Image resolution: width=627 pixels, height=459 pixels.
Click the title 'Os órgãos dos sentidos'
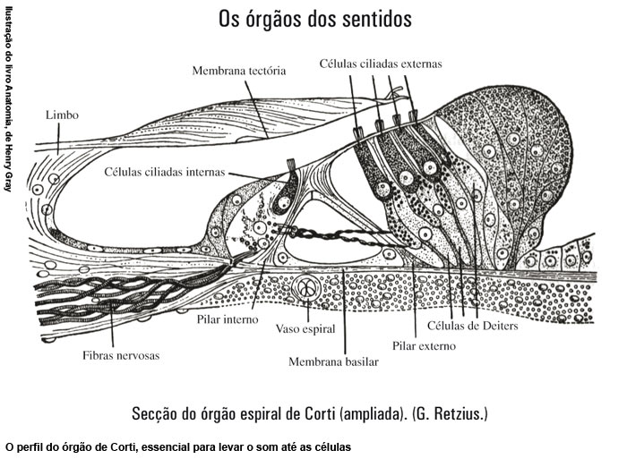[315, 20]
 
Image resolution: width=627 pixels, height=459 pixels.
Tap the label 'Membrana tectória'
[239, 71]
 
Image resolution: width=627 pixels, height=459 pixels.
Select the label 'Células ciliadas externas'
[381, 64]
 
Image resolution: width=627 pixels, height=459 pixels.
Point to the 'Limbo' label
[62, 115]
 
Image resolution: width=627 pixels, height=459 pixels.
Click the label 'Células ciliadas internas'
[165, 172]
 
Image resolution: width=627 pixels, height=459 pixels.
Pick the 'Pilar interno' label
[228, 319]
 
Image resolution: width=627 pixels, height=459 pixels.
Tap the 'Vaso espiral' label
[305, 329]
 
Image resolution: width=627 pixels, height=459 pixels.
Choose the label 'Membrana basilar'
[333, 362]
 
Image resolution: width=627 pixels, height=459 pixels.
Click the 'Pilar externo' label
[424, 346]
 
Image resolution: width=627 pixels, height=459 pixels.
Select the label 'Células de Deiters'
[473, 326]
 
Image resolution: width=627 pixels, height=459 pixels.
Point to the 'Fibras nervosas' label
[121, 355]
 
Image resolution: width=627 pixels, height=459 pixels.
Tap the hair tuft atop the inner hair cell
[291, 164]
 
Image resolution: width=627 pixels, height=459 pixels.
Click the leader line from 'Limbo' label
[59, 138]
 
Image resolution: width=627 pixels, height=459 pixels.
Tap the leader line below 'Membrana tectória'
[256, 108]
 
